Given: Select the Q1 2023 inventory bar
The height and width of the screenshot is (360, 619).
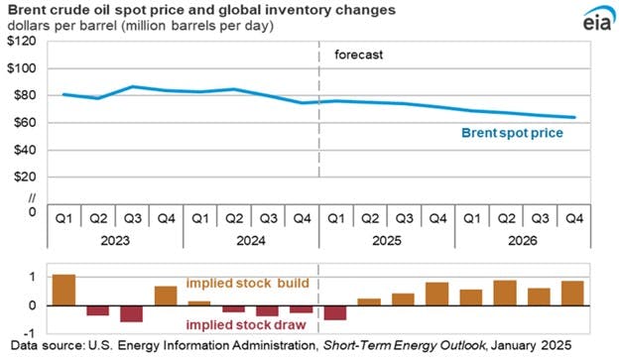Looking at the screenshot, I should point(63,290).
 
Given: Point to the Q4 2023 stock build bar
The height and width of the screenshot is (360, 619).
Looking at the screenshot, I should point(166,295).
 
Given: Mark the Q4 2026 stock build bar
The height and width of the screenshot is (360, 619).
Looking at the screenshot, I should point(572,293).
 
